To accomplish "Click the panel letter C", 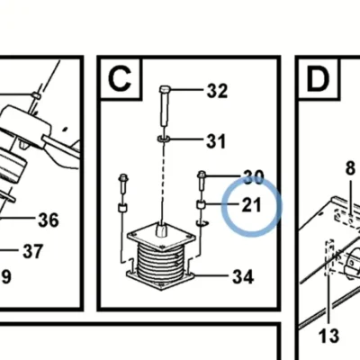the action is pos(120,78).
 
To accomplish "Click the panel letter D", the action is pos(318,79).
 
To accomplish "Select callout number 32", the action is pos(217,91).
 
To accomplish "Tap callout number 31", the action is pos(216,141).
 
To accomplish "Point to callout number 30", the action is pos(254,177).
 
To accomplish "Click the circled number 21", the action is pos(251,205).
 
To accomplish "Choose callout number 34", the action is pos(243,276).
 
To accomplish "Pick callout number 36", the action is pos(49,220).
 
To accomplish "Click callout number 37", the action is pos(33,251).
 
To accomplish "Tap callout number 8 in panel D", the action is pos(350,168).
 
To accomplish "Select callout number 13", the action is pos(328,336).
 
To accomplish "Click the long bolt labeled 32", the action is pos(165,106).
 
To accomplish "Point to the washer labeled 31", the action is pos(164,139).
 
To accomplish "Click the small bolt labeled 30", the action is pos(202,181).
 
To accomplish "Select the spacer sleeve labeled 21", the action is pos(201,205).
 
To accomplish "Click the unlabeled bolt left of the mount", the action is pos(123,183).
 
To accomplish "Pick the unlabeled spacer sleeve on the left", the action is pos(121,208).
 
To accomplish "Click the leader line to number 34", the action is pos(212,275).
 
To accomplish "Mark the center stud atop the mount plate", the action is pos(162,230).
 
